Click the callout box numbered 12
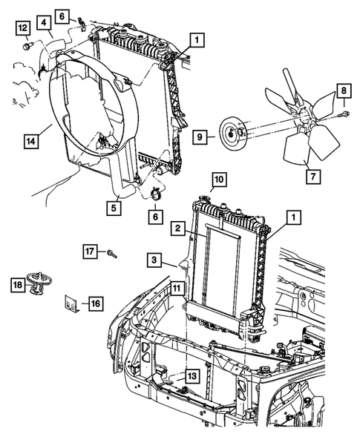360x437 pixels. pyautogui.click(x=23, y=28)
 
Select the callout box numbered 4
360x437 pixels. pyautogui.click(x=45, y=23)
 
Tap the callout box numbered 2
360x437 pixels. pyautogui.click(x=179, y=231)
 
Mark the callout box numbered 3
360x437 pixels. pyautogui.click(x=152, y=260)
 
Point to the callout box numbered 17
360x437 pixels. pyautogui.click(x=89, y=251)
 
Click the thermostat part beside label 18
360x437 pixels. pyautogui.click(x=38, y=283)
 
